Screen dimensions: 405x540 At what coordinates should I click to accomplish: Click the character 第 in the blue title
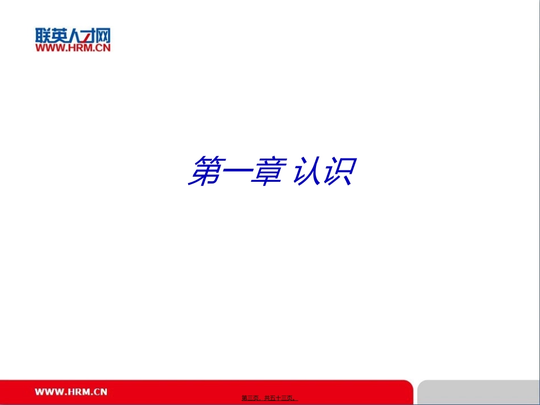206,171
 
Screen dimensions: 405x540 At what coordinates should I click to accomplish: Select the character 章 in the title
267,171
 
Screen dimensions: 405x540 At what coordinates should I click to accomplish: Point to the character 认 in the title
310,171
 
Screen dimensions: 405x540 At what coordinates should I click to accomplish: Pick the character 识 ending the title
340,171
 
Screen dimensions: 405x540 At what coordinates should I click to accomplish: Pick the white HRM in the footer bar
78,391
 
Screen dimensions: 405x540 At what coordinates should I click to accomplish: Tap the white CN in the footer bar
101,391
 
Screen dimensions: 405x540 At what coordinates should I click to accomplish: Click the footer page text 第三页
251,398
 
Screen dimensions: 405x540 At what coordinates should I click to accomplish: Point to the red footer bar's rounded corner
409,382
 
